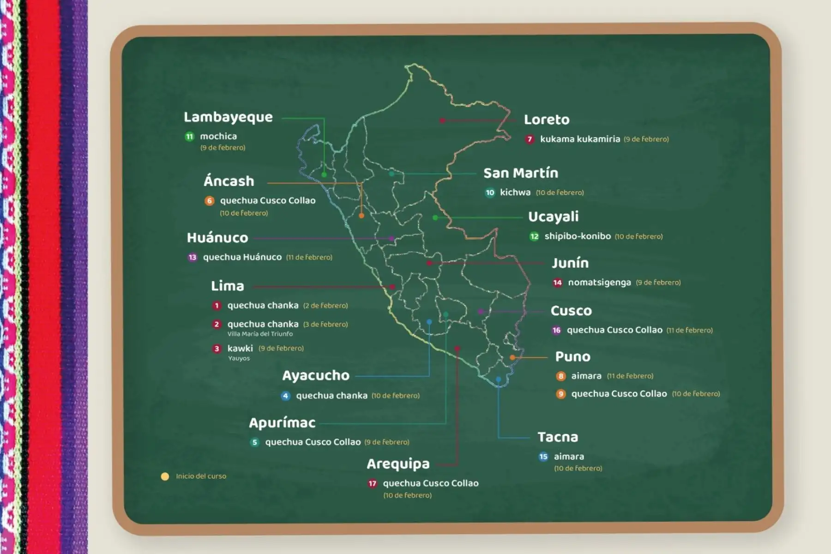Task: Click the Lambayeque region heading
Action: pyautogui.click(x=228, y=117)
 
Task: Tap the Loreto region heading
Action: pyautogui.click(x=547, y=120)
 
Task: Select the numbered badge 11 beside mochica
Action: pyautogui.click(x=190, y=137)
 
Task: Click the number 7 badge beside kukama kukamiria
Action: pyautogui.click(x=530, y=139)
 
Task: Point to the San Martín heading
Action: pyautogui.click(x=521, y=173)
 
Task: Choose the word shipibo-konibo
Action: pyautogui.click(x=578, y=236)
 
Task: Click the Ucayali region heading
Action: pyautogui.click(x=553, y=217)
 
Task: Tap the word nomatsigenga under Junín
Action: pyautogui.click(x=599, y=282)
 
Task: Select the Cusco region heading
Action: pyautogui.click(x=571, y=311)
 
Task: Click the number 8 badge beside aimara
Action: pyautogui.click(x=561, y=376)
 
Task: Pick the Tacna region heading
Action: pyautogui.click(x=558, y=437)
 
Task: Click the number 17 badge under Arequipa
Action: pyautogui.click(x=373, y=483)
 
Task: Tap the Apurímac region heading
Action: pyautogui.click(x=282, y=423)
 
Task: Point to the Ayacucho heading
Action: pyautogui.click(x=316, y=375)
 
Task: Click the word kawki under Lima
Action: pyautogui.click(x=240, y=348)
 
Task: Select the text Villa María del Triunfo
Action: pyautogui.click(x=260, y=334)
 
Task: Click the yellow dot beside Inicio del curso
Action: pyautogui.click(x=165, y=476)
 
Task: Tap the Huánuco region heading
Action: pyautogui.click(x=217, y=238)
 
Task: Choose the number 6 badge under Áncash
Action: pyautogui.click(x=210, y=201)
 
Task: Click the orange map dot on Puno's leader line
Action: pyautogui.click(x=512, y=357)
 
